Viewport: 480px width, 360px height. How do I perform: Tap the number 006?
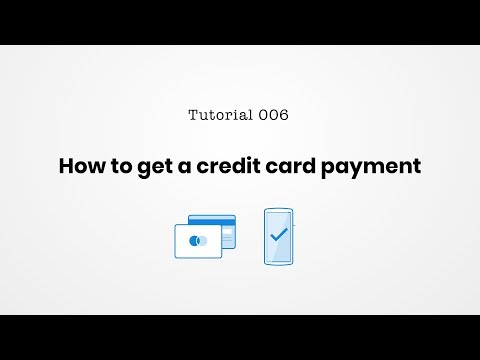click(x=273, y=115)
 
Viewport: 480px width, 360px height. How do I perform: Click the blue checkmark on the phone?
click(x=279, y=236)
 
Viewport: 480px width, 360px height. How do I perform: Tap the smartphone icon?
click(x=279, y=236)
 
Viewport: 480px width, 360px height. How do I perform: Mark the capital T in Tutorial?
click(x=193, y=115)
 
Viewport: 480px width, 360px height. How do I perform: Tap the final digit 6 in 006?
click(x=284, y=115)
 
